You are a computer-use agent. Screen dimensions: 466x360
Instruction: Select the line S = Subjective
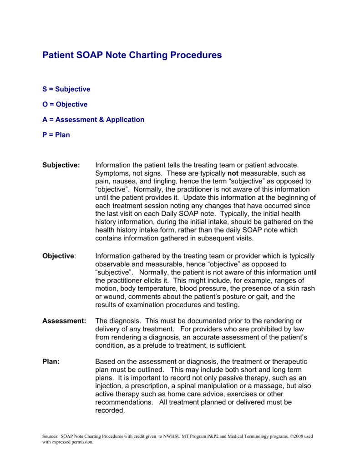coord(66,89)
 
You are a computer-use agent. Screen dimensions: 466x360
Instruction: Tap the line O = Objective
coord(65,104)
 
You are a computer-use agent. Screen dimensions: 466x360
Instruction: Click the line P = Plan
coord(56,135)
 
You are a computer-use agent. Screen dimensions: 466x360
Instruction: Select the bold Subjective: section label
coord(61,165)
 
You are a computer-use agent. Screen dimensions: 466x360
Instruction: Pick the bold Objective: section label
coord(59,256)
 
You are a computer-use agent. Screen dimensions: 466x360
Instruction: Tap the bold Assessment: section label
coord(64,321)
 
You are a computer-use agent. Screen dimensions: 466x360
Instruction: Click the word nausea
coord(125,181)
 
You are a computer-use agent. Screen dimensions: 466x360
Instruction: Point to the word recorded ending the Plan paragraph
coord(110,410)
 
